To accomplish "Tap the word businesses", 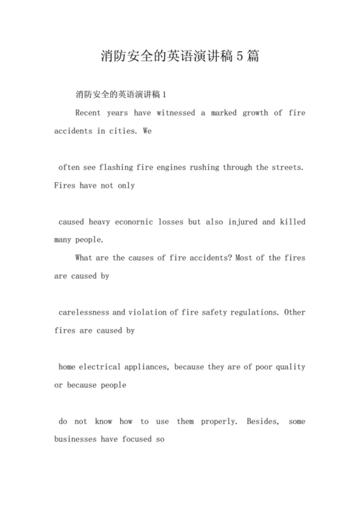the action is (x=78, y=439).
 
